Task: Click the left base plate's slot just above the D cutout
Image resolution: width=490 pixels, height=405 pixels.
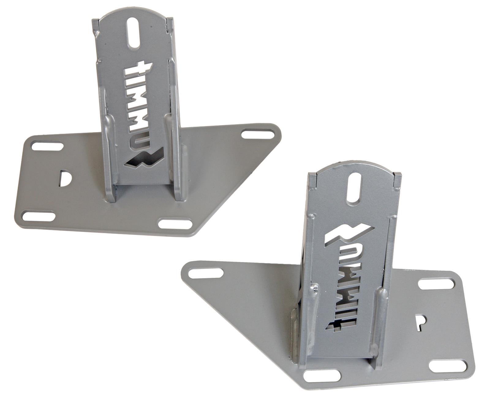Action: tap(47, 145)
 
